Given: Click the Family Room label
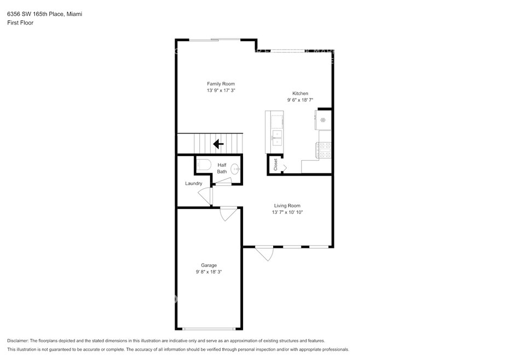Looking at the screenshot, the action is point(221,84).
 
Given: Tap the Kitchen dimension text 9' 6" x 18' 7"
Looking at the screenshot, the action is point(300,100).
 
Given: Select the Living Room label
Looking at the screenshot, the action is point(287,206).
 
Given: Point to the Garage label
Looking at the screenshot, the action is point(209,265).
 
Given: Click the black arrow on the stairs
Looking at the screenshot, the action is point(218,144).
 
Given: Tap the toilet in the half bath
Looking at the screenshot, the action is point(204,165).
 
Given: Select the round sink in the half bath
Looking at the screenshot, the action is point(235,169).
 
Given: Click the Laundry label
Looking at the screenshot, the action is point(193,183).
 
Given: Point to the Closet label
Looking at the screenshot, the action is point(276,164).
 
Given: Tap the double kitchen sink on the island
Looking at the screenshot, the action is point(277,138).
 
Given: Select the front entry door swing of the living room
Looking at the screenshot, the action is point(265,254).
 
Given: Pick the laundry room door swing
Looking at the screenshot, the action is point(205,196).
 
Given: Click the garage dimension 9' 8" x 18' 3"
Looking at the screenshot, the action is point(209,272).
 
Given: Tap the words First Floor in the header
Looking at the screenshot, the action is point(20,23).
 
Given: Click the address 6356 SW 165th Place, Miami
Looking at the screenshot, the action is point(44,14).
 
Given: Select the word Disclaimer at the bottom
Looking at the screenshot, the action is point(18,341).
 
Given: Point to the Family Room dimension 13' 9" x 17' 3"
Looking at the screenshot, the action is point(221,91).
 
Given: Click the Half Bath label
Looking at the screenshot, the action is point(222,169).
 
